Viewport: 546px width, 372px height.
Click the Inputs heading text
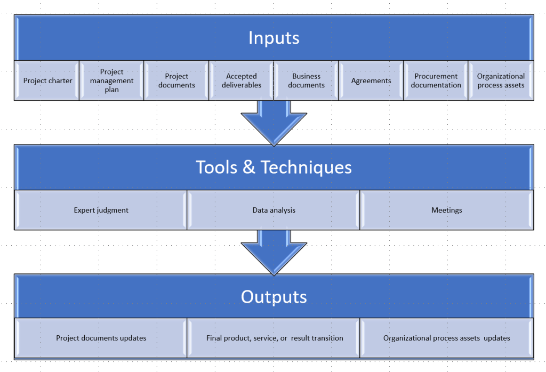tap(274, 38)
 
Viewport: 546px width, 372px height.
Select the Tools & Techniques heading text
tap(274, 167)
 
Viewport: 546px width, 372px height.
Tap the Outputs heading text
tap(274, 297)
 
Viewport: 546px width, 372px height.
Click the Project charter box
tap(47, 81)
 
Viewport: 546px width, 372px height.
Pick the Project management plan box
tap(112, 81)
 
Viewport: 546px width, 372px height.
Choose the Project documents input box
tap(176, 81)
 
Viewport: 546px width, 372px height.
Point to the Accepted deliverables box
tap(242, 81)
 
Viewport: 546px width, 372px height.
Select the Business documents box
tap(306, 81)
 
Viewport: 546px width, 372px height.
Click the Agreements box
tap(371, 81)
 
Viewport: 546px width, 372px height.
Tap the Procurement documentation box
tap(436, 81)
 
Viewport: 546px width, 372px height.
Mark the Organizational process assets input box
tap(501, 81)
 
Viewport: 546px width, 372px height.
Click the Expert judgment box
tap(101, 210)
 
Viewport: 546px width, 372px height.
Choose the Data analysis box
tap(274, 210)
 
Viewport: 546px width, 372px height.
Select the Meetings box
tap(446, 210)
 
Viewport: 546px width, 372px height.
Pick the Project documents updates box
tap(101, 338)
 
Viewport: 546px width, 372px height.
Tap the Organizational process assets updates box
tap(446, 338)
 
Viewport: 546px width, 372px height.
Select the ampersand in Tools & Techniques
tap(248, 168)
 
